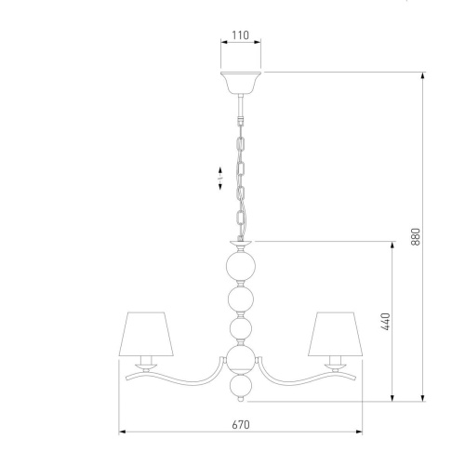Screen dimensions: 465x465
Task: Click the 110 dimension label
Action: coord(241,35)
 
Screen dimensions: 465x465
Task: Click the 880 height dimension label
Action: coord(416,236)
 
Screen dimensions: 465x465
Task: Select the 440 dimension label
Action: coord(385,322)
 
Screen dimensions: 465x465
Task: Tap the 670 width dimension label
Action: coord(241,424)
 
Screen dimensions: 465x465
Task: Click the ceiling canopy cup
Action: coord(241,83)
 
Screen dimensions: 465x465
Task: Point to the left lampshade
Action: coord(146,334)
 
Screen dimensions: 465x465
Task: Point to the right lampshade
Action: coord(335,334)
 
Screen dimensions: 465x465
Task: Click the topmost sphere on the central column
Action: coord(241,266)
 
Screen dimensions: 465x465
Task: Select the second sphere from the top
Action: coord(241,299)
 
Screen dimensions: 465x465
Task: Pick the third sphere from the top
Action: coord(241,328)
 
